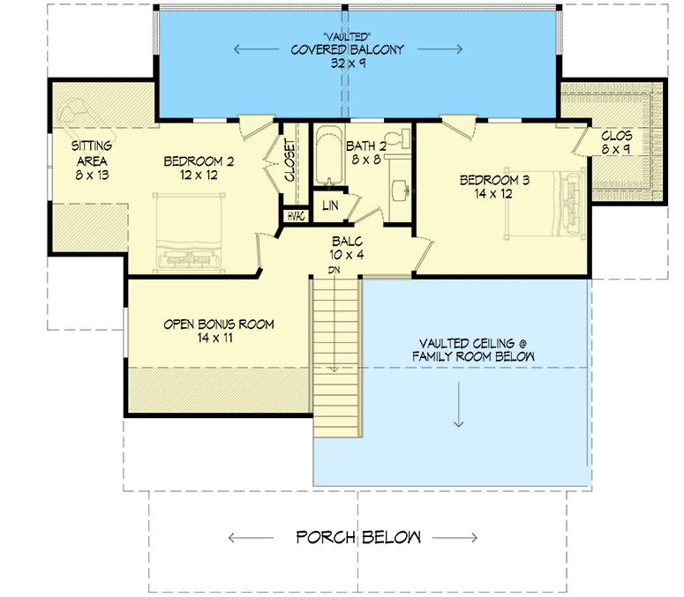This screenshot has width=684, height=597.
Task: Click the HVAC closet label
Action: [294, 216]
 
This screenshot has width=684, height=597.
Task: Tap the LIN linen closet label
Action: [330, 205]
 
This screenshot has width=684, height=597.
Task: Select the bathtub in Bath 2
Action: [327, 160]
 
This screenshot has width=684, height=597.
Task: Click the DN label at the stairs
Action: [334, 270]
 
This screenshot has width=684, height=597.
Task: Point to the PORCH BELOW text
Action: [357, 537]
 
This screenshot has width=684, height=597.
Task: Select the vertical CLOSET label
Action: [289, 160]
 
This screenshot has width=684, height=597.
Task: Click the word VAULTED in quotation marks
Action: [348, 36]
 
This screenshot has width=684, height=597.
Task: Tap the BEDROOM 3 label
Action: [494, 181]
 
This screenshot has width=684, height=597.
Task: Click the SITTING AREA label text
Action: [90, 154]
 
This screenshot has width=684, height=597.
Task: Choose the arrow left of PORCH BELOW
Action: [252, 537]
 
